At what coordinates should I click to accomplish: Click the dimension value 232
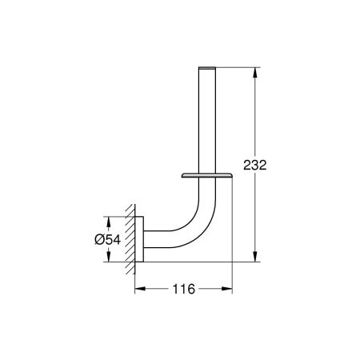[x=254, y=165]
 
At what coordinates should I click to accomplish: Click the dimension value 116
[x=183, y=289]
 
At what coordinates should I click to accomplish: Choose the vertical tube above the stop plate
[x=210, y=120]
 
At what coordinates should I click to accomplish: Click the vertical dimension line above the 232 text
[x=254, y=112]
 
